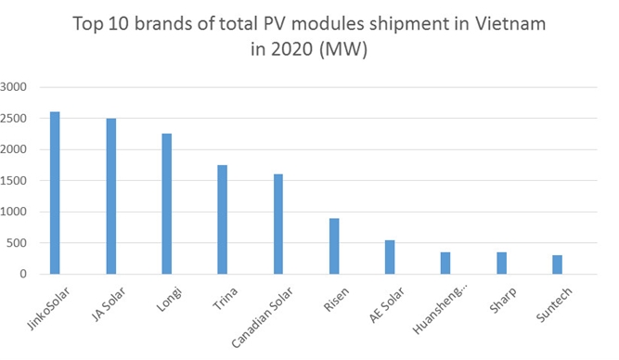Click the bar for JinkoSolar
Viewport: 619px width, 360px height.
(x=55, y=193)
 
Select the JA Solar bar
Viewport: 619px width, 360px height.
(x=111, y=196)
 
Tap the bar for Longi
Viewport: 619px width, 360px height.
(x=167, y=204)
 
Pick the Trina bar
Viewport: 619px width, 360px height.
(x=222, y=220)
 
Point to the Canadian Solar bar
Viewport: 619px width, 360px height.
(x=278, y=225)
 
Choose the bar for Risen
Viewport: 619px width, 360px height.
(x=334, y=246)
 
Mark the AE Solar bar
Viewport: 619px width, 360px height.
(x=390, y=257)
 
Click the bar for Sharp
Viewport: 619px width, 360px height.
(x=501, y=264)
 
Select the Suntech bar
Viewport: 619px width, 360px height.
(x=557, y=264)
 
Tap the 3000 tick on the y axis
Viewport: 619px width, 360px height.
(x=13, y=87)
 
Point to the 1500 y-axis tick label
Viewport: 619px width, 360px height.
(x=13, y=181)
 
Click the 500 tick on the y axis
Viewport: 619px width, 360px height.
(x=16, y=243)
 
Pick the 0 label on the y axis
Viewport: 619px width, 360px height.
(x=23, y=274)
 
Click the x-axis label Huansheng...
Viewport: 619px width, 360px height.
(x=437, y=310)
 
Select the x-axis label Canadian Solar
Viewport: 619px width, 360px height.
(x=262, y=317)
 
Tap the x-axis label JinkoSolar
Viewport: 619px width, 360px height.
(x=48, y=308)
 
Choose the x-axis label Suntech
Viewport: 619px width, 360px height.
(x=554, y=304)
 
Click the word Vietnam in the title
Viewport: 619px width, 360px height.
(x=510, y=24)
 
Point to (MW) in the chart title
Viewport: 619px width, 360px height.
(x=343, y=49)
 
